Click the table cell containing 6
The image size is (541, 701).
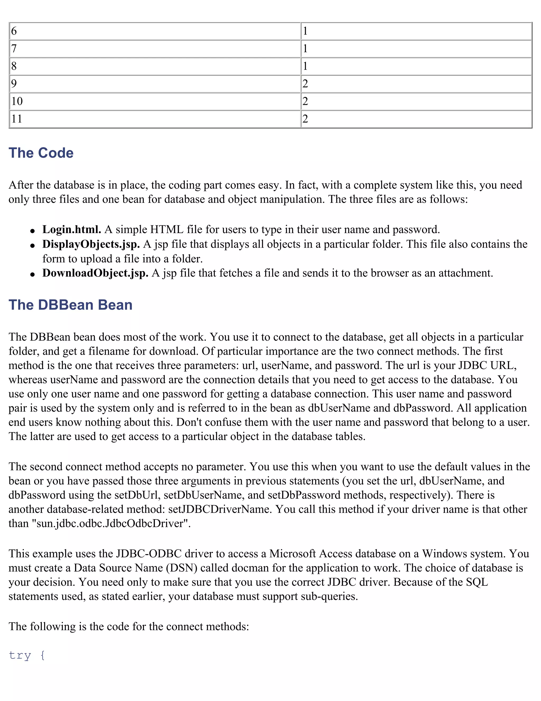click(x=155, y=31)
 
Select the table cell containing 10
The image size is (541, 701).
click(x=155, y=101)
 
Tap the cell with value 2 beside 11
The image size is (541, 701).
click(x=416, y=119)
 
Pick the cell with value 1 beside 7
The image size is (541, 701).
click(x=416, y=49)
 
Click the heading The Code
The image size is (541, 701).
click(x=41, y=153)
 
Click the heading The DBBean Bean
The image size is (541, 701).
click(x=71, y=305)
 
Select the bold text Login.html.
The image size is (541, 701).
click(x=72, y=230)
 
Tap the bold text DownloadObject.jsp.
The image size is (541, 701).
click(x=95, y=273)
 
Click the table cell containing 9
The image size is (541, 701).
click(x=155, y=84)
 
